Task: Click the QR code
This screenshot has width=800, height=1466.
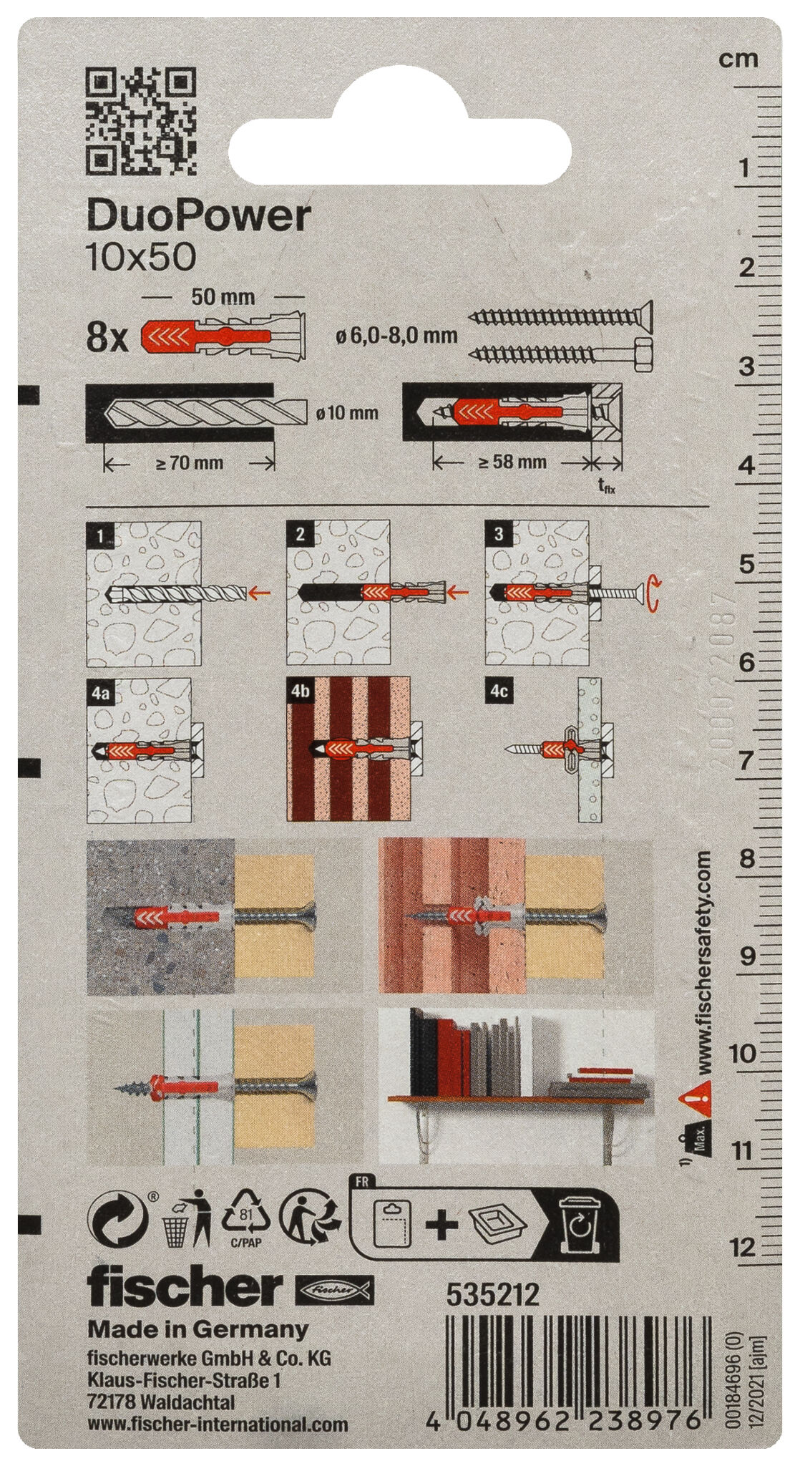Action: [141, 121]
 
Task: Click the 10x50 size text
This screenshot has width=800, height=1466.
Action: [140, 257]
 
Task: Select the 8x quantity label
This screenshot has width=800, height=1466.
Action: [107, 337]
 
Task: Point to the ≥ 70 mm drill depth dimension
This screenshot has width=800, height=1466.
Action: [189, 462]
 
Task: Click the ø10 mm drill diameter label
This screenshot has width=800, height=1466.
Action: [346, 413]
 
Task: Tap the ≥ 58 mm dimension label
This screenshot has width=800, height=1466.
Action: [512, 462]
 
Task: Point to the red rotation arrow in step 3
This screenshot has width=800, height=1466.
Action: [652, 593]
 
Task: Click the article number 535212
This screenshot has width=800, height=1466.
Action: [493, 1294]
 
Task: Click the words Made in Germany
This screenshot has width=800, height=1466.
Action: [197, 1330]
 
